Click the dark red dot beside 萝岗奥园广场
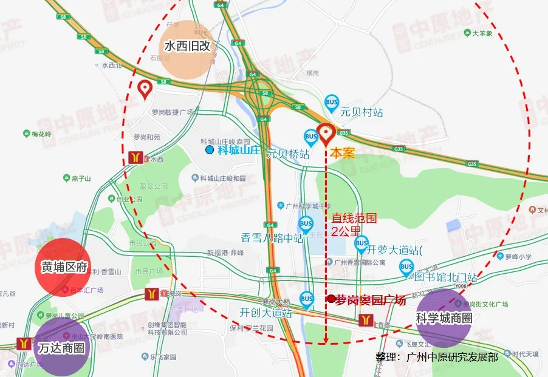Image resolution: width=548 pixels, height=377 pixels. (331, 299)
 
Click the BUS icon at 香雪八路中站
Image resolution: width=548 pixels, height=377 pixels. (306, 223)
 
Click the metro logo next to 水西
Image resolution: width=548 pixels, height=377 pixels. (135, 157)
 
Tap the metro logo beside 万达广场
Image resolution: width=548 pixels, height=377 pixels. (25, 344)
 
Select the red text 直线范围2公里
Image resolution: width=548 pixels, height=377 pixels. (347, 224)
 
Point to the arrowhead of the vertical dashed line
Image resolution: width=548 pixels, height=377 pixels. (327, 340)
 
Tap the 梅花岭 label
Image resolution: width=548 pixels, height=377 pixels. (42, 134)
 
